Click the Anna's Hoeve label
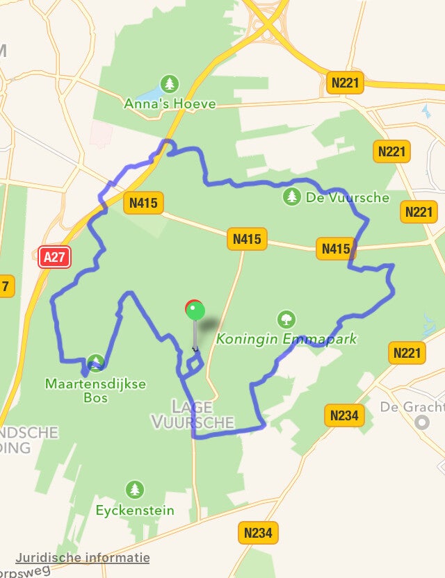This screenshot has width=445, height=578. [x=170, y=104]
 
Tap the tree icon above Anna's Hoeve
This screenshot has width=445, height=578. [x=170, y=85]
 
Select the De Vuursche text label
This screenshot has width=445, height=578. [x=347, y=197]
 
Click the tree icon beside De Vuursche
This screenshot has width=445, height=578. [x=292, y=197]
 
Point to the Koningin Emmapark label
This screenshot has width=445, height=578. [x=286, y=339]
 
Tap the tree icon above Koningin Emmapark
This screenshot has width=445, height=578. [x=285, y=320]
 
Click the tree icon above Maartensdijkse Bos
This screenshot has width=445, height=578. [x=96, y=362]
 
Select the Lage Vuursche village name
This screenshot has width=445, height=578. [x=193, y=414]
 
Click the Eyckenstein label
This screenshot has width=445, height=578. [x=135, y=511]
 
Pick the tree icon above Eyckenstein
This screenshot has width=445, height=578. [x=135, y=490]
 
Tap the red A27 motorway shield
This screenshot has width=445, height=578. [x=54, y=258]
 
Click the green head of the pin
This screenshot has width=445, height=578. [x=195, y=311]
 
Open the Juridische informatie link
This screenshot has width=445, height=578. [x=83, y=557]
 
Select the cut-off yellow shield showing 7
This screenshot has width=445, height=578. [x=6, y=286]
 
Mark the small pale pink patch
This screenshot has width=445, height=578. [x=101, y=132]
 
